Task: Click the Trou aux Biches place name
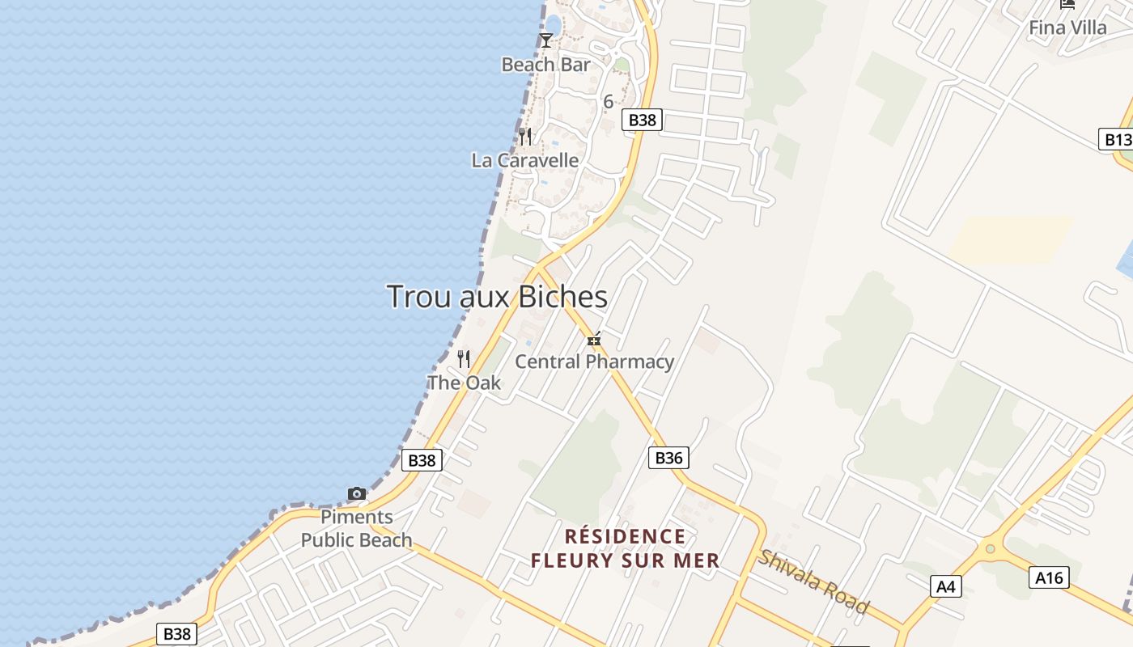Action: click(497, 297)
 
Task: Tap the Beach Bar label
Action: click(545, 65)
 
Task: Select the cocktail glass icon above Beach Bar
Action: click(546, 40)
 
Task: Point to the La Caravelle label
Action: click(525, 160)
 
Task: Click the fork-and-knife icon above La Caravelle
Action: click(526, 136)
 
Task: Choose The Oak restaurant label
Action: click(464, 383)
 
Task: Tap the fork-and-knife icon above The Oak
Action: click(464, 358)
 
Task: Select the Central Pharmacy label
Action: click(594, 362)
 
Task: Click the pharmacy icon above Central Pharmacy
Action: click(594, 339)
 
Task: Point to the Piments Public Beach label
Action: click(357, 528)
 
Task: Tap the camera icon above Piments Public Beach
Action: click(357, 493)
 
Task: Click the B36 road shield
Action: click(668, 458)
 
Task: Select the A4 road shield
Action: click(946, 586)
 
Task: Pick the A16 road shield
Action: click(1049, 577)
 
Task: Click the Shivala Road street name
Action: click(813, 581)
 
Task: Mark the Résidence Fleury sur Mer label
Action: click(625, 548)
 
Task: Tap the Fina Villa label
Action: click(1067, 27)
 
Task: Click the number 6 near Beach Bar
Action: click(609, 102)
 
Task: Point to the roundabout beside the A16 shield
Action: click(989, 549)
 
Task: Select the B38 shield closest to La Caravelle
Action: click(643, 120)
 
